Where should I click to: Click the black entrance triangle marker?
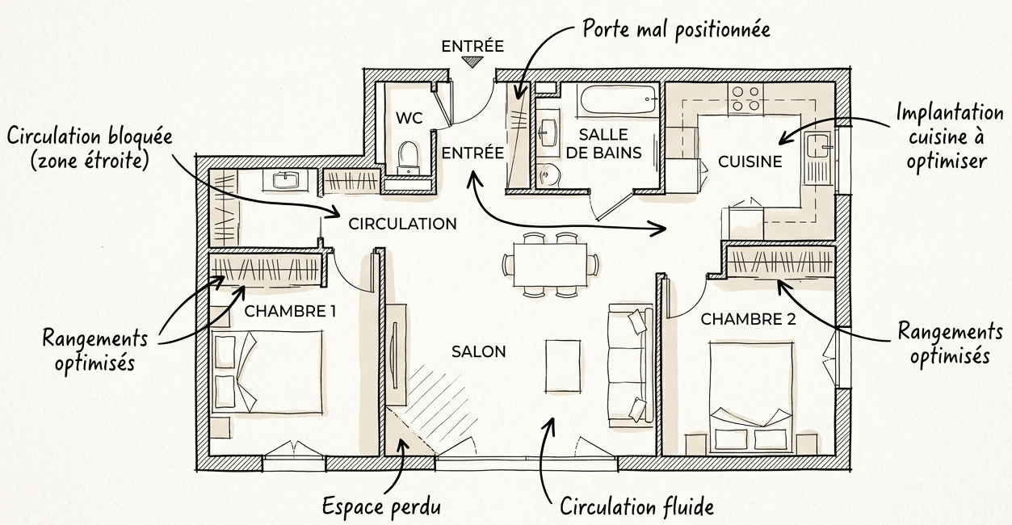point(473,61)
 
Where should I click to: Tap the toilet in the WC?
point(409,153)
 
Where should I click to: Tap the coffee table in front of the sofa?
point(563,366)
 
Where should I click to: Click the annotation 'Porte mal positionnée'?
point(676,30)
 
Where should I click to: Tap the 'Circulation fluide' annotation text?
point(637,507)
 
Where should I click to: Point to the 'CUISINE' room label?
point(750,162)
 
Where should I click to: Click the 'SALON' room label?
point(479,351)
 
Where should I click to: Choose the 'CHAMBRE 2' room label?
point(748,319)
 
